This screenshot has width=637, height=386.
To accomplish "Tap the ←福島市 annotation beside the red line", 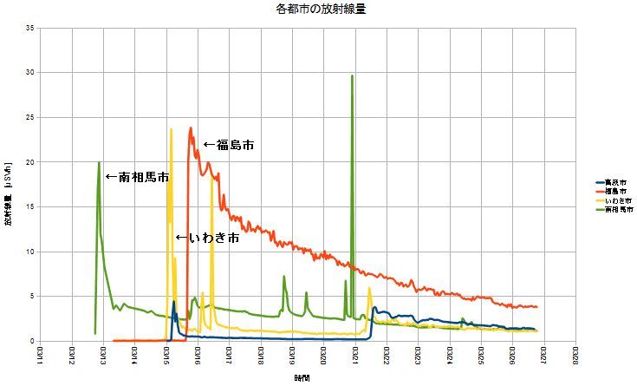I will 229,145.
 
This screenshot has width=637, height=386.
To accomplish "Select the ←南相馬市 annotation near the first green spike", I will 136,177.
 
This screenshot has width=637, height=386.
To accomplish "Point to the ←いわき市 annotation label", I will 207,238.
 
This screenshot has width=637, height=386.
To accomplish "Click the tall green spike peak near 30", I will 352,76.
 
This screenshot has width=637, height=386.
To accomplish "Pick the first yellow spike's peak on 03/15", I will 171,129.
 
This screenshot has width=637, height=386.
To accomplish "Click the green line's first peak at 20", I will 100,163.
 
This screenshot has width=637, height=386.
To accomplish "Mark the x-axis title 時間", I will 300,379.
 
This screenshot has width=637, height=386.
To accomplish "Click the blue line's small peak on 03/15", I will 174,302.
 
